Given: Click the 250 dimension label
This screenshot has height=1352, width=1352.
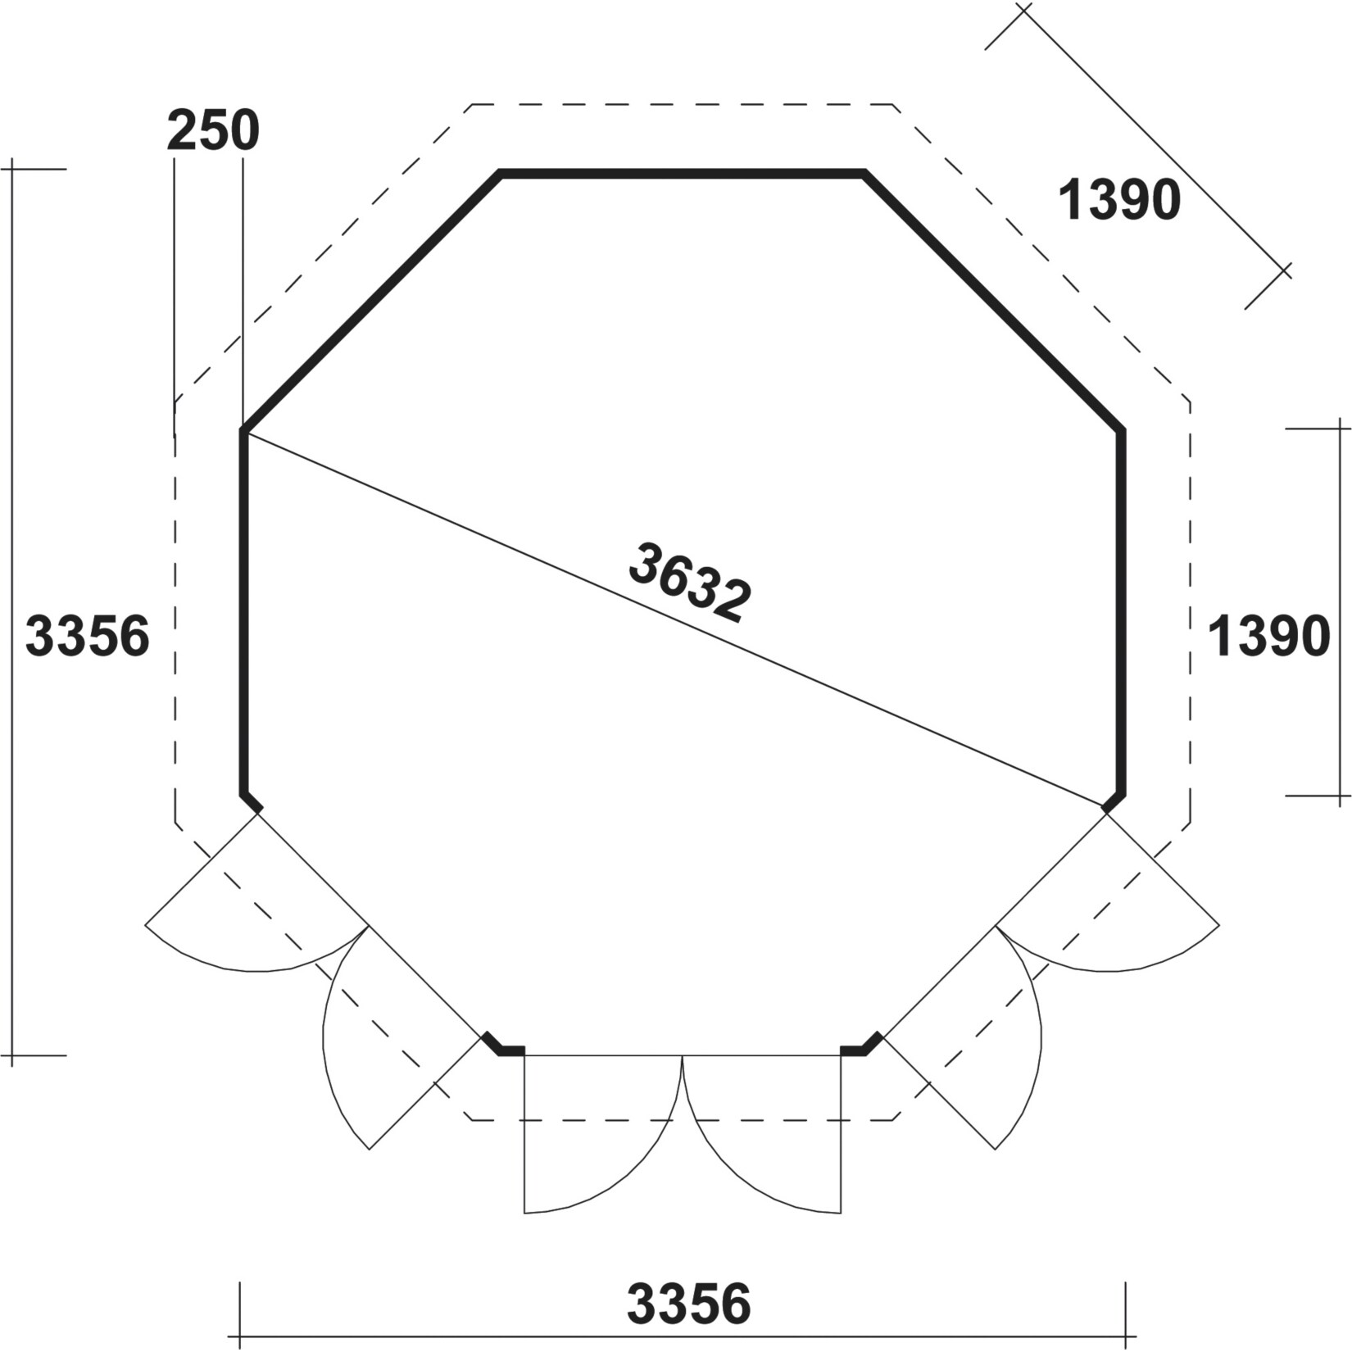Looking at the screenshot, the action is point(213,131).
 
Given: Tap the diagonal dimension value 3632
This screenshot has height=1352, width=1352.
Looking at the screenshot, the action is point(690,582).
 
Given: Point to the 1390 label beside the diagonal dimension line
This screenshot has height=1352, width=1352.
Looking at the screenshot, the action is point(1119,200).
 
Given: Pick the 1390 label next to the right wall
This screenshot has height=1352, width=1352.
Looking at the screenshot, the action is point(1269,637).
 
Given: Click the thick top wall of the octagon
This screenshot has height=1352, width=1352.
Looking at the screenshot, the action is point(683,173).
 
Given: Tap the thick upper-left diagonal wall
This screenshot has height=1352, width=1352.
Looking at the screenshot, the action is point(370,302).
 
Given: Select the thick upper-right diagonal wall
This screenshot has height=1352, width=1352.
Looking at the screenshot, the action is point(994,302).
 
